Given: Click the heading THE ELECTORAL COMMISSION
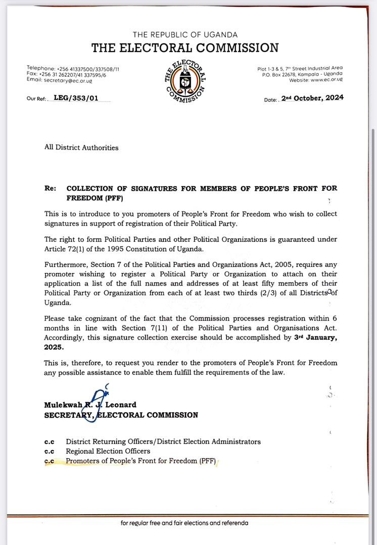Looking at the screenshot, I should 185,48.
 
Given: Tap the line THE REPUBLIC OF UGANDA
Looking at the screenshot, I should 185,34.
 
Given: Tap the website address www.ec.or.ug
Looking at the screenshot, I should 326,80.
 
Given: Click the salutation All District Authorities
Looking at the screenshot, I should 81,148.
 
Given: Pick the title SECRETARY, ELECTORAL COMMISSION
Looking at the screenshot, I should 121,415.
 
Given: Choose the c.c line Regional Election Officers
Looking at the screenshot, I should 108,451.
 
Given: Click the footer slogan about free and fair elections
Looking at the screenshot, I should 184,523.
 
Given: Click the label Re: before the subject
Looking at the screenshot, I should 50,188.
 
